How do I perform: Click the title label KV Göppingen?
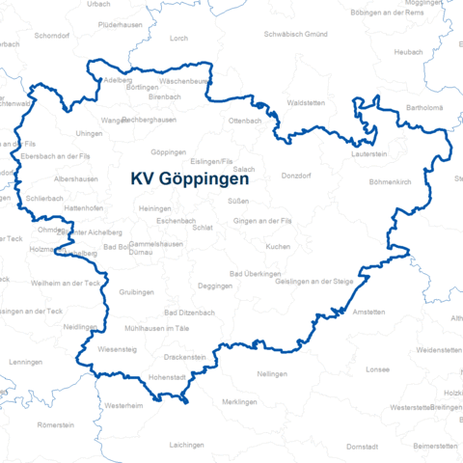[x=190, y=178]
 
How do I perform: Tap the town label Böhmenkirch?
[x=391, y=181]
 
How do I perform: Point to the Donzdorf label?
[x=296, y=177]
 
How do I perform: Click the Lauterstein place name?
[x=370, y=152]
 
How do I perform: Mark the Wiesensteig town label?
[x=117, y=348]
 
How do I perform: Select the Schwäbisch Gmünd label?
[x=295, y=34]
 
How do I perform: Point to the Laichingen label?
[x=187, y=445]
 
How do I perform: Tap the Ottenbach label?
[x=245, y=121]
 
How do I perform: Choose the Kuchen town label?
[x=278, y=247]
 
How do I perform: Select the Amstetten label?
[x=368, y=313]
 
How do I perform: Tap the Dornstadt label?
[x=363, y=447]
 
